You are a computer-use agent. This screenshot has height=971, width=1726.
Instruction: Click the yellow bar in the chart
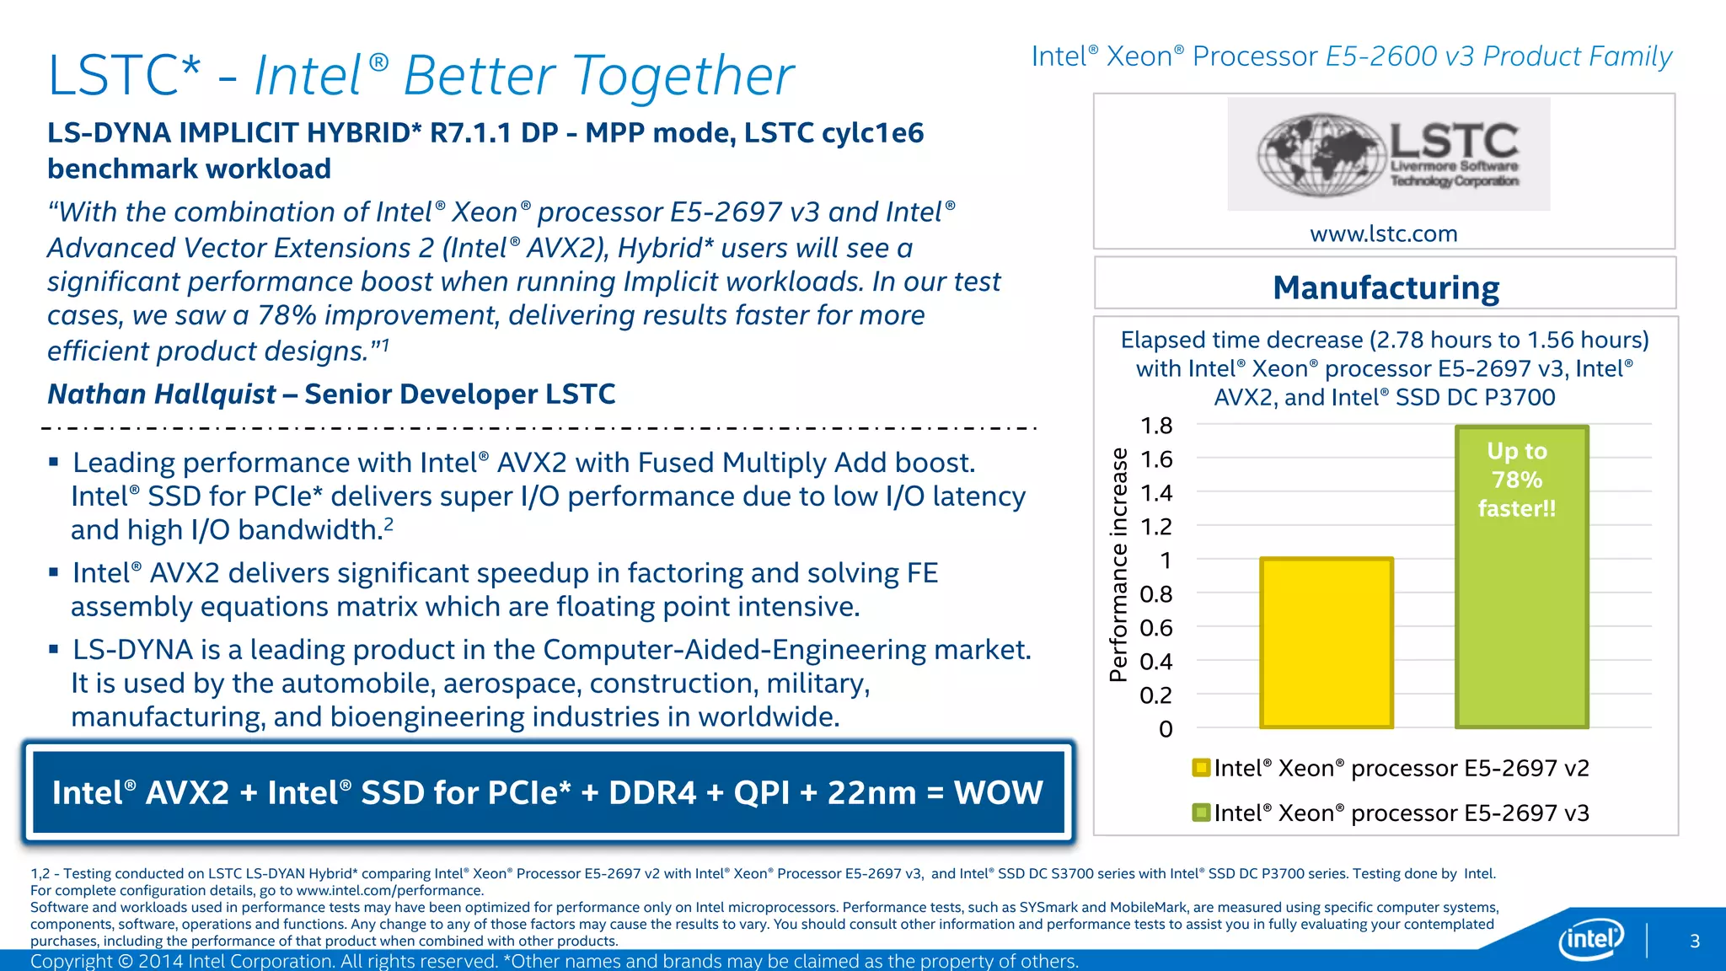[1327, 642]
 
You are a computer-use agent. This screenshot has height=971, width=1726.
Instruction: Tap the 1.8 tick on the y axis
[1155, 426]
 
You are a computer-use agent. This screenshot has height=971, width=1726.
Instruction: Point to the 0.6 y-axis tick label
[1155, 628]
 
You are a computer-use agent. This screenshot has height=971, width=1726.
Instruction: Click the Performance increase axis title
[1118, 565]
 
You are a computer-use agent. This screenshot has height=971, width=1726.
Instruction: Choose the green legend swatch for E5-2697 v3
[1201, 813]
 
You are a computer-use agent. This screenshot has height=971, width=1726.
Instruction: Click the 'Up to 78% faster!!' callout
[1517, 480]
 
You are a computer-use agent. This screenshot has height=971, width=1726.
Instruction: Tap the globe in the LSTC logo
[1321, 155]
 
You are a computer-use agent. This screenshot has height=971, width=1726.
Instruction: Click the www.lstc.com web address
[1383, 233]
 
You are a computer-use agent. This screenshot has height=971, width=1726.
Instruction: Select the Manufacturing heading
[1386, 287]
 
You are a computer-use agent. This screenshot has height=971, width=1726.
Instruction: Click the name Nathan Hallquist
[162, 394]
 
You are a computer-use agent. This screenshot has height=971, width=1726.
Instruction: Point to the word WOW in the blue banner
[998, 792]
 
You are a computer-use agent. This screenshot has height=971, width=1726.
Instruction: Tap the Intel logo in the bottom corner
[1590, 938]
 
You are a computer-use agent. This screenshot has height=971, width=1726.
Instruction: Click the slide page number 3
[1695, 941]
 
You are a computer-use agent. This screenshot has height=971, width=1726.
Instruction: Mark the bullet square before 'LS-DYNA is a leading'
[54, 649]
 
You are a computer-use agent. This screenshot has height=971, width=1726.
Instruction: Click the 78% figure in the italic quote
[287, 315]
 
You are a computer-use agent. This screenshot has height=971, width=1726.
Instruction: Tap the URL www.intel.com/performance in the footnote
[389, 890]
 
